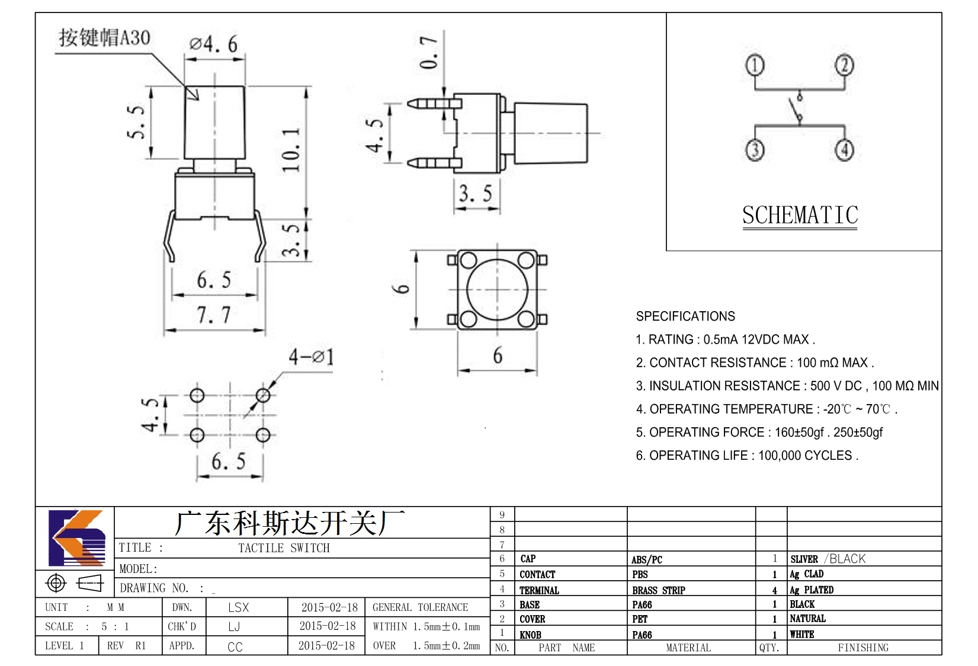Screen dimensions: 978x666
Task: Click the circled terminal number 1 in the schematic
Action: [x=755, y=65]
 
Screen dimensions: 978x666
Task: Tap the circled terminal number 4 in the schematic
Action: [x=844, y=150]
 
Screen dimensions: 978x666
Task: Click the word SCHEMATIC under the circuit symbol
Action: [x=800, y=215]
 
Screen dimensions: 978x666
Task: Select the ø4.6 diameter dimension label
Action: [x=213, y=44]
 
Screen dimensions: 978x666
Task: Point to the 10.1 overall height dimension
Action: [x=290, y=150]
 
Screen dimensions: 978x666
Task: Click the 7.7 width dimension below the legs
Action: [x=213, y=315]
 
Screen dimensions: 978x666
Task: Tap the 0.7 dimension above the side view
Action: [x=428, y=52]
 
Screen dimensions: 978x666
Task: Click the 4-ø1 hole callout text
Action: [x=312, y=357]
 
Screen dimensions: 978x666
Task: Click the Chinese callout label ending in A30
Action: [x=105, y=37]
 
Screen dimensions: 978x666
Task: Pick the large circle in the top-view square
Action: [x=497, y=289]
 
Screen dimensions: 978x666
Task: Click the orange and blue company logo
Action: [x=77, y=537]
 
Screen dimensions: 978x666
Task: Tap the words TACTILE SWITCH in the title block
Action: [x=284, y=547]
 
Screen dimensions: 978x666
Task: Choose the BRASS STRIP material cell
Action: [x=658, y=590]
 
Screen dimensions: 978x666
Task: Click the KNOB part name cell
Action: [x=530, y=635]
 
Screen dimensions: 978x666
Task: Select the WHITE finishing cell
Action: [x=801, y=634]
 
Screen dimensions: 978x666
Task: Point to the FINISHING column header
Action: [x=863, y=647]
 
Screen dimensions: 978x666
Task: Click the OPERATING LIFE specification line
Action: [x=747, y=456]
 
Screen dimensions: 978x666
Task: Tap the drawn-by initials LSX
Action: [x=238, y=607]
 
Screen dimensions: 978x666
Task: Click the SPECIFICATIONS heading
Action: [x=685, y=316]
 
